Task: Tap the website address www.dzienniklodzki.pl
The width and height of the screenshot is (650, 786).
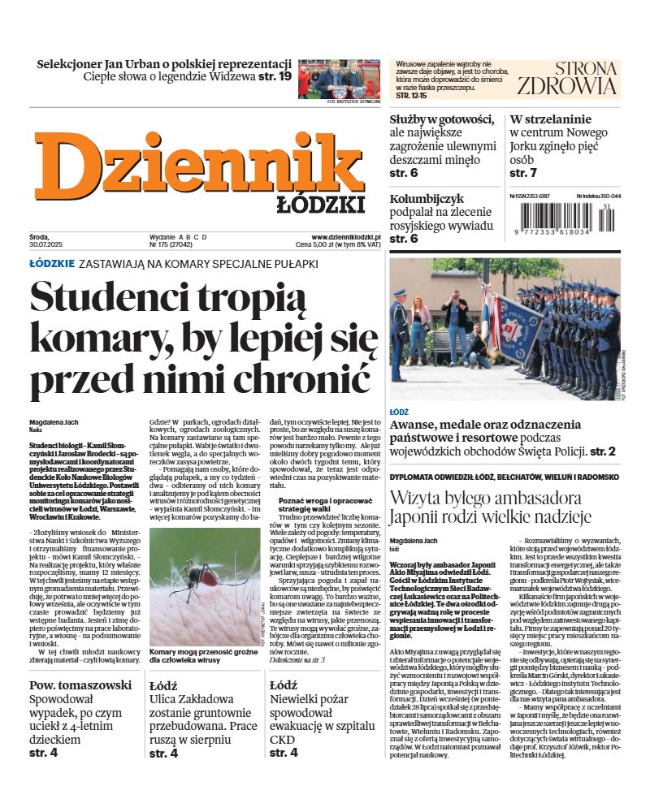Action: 340,235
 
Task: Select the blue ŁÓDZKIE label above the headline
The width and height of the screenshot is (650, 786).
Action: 52,264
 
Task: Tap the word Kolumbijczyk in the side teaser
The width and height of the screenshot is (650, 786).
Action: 427,197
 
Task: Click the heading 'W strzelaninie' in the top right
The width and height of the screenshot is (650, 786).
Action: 550,119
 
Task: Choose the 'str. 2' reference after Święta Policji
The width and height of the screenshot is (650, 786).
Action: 602,451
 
